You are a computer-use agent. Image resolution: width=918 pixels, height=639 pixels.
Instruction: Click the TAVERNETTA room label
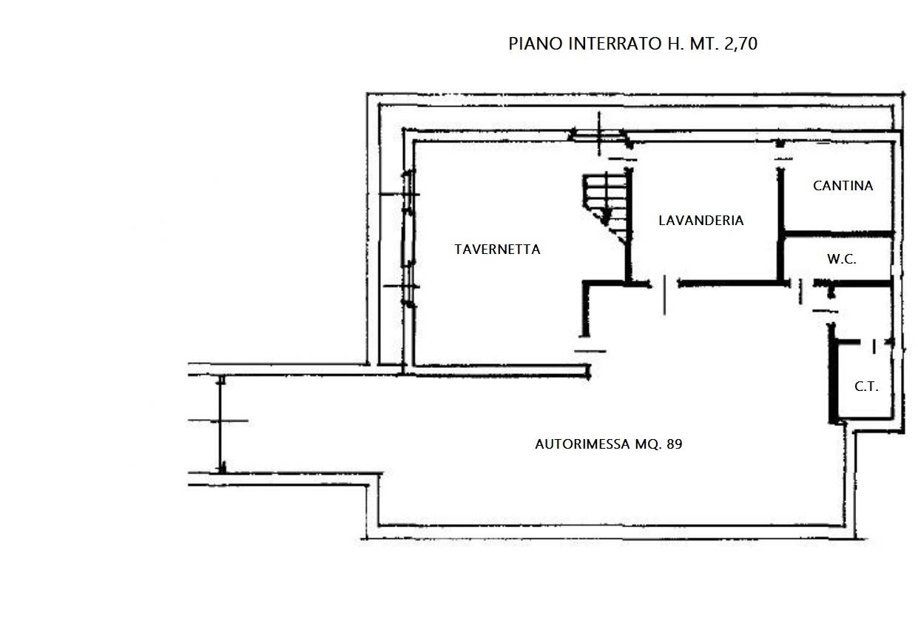tap(497, 250)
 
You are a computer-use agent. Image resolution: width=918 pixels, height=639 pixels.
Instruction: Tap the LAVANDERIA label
tap(701, 221)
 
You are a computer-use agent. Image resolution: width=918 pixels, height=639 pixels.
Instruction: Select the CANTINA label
tap(843, 186)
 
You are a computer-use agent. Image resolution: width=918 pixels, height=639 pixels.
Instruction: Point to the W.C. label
tap(841, 259)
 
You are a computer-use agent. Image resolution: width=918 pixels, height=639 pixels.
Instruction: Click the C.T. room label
tap(866, 387)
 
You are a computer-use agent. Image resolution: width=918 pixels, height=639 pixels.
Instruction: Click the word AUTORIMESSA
tap(583, 444)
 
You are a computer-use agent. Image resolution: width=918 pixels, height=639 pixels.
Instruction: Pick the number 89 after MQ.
tap(675, 444)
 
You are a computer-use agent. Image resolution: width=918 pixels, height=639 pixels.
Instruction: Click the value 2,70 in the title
tap(740, 44)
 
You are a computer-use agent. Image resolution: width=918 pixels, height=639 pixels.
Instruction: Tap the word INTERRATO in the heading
tap(615, 44)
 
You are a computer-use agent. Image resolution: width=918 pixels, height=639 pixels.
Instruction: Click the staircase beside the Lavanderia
tap(607, 207)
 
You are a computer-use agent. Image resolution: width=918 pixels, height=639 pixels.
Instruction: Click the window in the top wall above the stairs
tap(599, 136)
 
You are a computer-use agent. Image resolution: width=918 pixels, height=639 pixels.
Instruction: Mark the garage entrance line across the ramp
tap(221, 424)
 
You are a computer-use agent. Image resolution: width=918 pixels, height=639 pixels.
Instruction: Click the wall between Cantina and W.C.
tap(837, 234)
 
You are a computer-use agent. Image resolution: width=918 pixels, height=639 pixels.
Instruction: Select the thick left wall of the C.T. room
tap(832, 374)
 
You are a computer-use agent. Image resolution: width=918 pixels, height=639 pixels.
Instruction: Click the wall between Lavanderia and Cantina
tap(780, 225)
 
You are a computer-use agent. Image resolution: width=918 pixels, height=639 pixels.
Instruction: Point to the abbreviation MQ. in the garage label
tap(647, 444)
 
